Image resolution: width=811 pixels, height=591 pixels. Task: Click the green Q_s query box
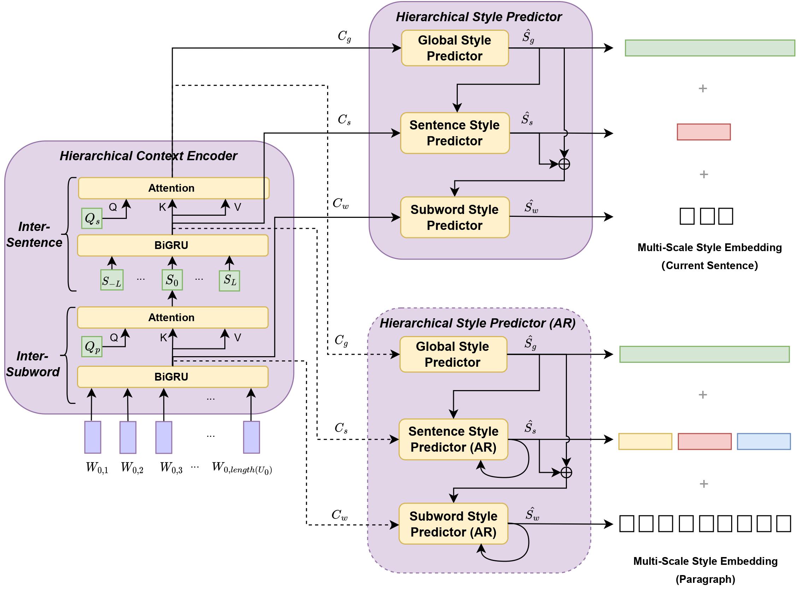point(92,218)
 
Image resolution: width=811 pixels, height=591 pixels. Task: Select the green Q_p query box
point(92,347)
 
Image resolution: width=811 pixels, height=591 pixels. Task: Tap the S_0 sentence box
point(172,280)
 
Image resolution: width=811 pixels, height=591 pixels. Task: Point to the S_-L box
point(112,280)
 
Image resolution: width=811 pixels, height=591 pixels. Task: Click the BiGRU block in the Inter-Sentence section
point(172,245)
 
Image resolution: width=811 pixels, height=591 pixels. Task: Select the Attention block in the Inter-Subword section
point(172,318)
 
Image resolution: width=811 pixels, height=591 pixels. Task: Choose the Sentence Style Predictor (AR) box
point(453,439)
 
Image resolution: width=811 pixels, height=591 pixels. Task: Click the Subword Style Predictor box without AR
point(455,217)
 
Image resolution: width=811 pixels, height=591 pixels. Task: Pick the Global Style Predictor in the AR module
point(453,354)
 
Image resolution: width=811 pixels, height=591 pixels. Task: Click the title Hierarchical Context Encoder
point(148,156)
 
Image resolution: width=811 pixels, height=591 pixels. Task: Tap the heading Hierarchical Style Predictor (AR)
point(477,323)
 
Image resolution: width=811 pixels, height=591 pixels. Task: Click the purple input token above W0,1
point(93,437)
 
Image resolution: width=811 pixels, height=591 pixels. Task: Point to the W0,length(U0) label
point(242,468)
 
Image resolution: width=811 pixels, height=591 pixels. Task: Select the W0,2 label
point(132,468)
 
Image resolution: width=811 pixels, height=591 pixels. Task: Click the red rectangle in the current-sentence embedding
point(703,132)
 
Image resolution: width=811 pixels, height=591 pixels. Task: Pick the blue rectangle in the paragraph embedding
point(763,441)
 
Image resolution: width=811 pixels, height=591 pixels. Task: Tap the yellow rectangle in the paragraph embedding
point(645,441)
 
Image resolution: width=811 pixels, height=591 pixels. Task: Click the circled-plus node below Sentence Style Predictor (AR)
point(566,473)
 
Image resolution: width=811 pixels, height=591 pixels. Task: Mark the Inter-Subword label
point(33,364)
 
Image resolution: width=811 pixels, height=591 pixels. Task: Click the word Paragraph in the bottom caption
point(705,579)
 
